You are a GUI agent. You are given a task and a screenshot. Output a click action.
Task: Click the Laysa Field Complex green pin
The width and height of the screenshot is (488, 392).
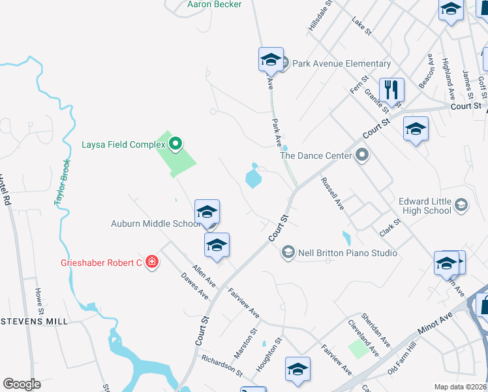[175, 144]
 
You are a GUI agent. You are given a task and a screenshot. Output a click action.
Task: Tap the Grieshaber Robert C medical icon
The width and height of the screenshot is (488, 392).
[152, 263]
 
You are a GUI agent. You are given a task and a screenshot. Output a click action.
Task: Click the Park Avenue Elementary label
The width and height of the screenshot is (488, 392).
[341, 63]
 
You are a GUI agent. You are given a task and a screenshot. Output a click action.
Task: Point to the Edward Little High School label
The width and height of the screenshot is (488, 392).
[425, 206]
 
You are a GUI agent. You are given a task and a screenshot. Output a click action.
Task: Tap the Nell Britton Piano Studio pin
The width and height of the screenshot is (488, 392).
[288, 252]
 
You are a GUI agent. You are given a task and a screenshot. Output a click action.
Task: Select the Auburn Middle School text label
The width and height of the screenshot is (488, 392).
[155, 224]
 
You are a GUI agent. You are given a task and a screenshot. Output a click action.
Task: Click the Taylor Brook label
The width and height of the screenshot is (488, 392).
[63, 183]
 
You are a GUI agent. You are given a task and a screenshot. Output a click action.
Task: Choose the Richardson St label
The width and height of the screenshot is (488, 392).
[222, 367]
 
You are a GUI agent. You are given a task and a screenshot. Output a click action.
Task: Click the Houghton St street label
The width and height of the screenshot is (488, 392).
[269, 353]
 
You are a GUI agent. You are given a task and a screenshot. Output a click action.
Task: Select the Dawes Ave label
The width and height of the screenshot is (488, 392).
[194, 286]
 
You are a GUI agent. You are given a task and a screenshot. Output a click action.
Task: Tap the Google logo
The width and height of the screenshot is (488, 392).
[22, 384]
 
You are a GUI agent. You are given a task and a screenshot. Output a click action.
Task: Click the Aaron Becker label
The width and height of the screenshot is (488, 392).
[215, 5]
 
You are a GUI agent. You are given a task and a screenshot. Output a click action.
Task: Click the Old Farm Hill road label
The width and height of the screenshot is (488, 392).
[402, 359]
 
